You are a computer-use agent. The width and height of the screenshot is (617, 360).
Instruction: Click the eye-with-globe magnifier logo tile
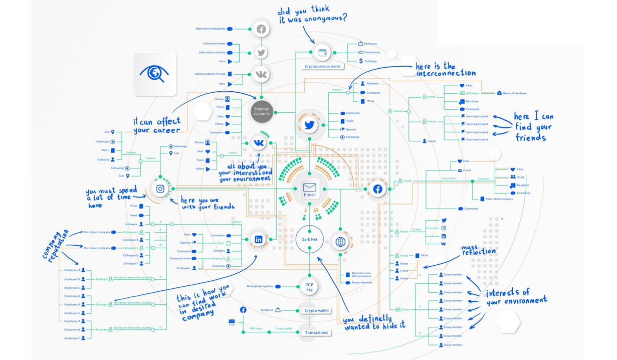155,74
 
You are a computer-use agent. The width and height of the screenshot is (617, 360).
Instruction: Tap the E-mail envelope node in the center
309,189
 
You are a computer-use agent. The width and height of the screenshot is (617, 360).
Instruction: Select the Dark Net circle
309,240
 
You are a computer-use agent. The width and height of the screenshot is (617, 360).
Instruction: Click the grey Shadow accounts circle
261,111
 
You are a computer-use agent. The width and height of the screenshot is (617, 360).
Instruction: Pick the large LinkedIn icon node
259,240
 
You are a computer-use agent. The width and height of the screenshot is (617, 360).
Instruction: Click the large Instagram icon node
160,189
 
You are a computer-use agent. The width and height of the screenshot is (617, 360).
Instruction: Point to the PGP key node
309,286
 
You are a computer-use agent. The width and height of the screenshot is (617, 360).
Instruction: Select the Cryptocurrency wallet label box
323,66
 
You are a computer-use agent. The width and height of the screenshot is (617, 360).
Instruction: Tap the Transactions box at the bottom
316,332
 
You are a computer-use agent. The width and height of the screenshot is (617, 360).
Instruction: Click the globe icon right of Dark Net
340,242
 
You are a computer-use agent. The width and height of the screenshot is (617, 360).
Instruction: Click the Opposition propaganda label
210,29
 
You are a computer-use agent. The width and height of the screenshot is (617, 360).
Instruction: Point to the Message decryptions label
260,286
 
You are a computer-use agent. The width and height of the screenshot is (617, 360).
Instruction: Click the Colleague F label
130,263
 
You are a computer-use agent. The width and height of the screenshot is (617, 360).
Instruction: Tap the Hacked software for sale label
210,74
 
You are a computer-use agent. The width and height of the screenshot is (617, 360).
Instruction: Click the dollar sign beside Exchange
361,61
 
